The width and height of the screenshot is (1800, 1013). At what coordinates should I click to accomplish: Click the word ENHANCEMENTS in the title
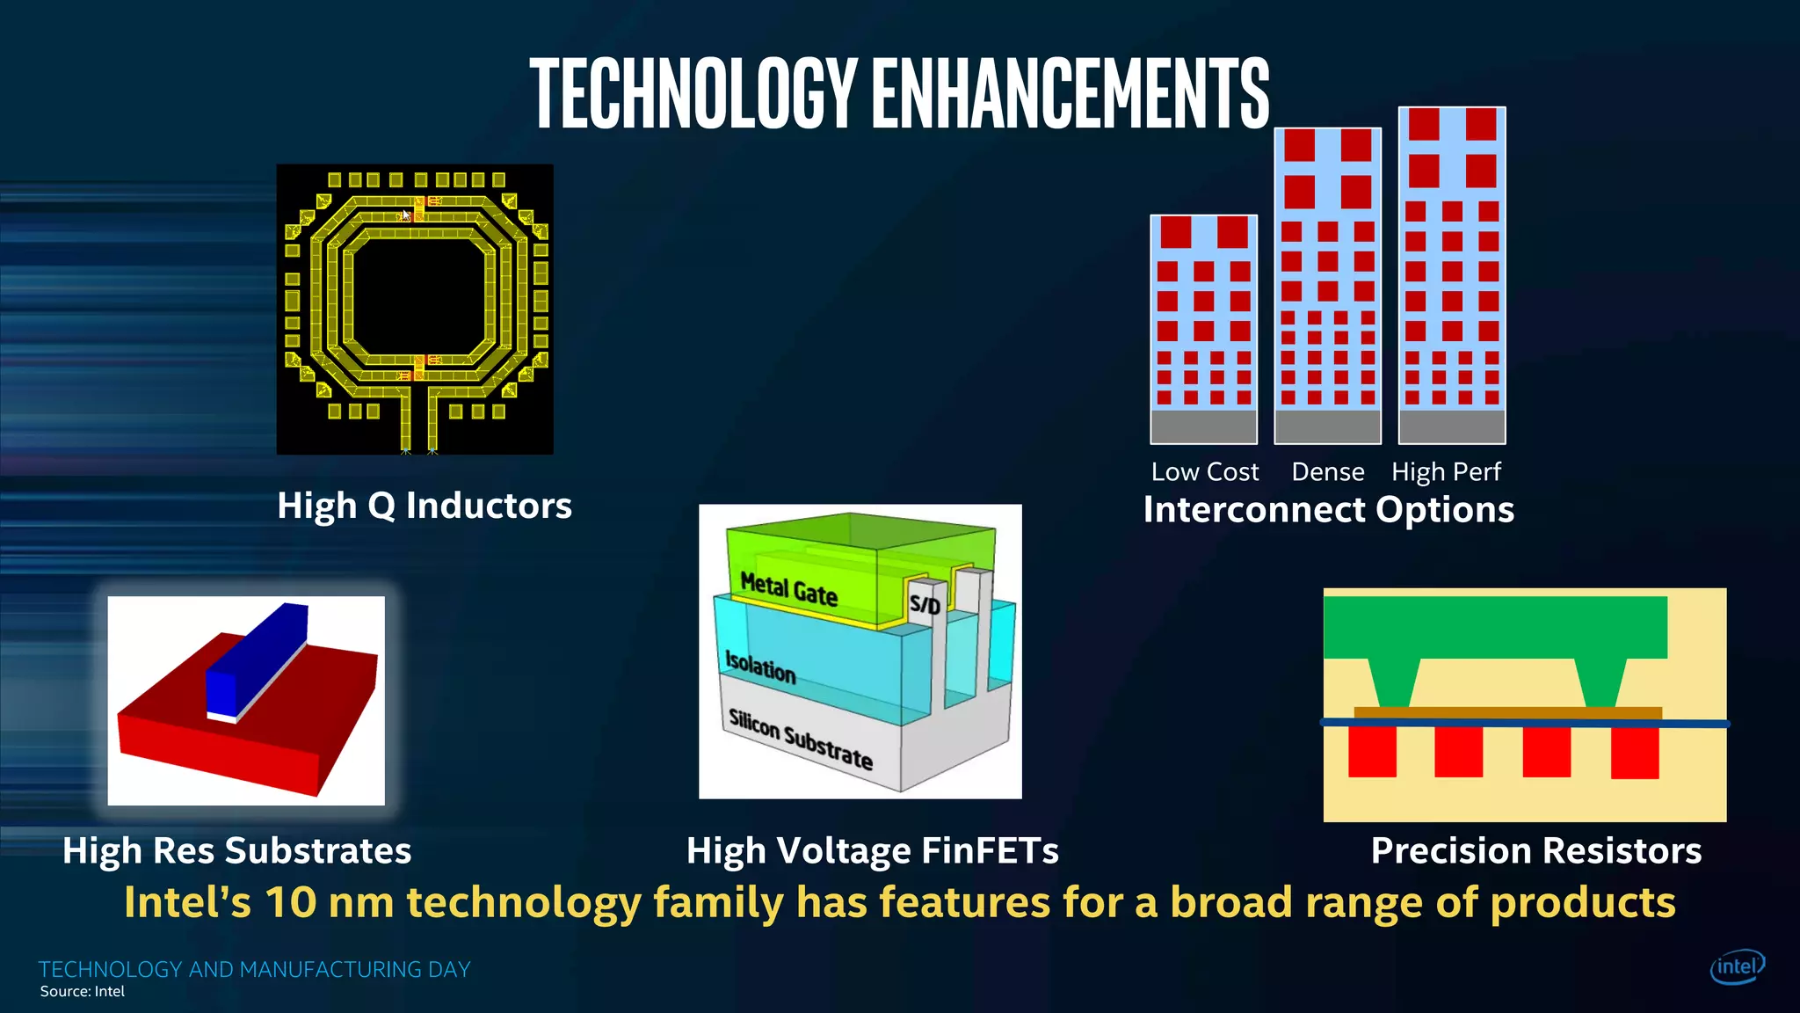[x=1071, y=92]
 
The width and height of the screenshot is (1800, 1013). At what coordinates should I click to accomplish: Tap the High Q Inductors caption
[x=425, y=506]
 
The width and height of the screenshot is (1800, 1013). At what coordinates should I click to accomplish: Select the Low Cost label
[x=1205, y=472]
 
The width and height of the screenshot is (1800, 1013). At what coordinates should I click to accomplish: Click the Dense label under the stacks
[x=1327, y=472]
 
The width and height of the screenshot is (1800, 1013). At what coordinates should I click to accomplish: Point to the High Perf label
[x=1446, y=472]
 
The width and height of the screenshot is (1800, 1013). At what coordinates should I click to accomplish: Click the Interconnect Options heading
[x=1328, y=510]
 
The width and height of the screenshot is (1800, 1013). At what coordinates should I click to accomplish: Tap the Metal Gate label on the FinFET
[x=788, y=589]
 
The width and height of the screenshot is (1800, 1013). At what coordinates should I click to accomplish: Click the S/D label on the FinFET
[x=925, y=604]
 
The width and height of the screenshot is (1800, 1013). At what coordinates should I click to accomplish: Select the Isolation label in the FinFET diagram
[x=760, y=667]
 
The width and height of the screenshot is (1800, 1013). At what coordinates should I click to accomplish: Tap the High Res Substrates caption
[x=236, y=851]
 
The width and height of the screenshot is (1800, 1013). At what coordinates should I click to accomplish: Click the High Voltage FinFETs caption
[x=872, y=851]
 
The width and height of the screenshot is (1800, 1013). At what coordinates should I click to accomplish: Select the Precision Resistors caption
[x=1535, y=851]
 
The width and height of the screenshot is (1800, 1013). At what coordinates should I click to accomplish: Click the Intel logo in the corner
[x=1737, y=967]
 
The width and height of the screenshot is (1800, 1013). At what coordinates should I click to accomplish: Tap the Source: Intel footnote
[x=83, y=992]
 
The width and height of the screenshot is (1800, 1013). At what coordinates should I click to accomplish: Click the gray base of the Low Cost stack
[x=1203, y=426]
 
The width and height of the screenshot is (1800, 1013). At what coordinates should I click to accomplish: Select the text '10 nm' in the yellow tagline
[x=329, y=903]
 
